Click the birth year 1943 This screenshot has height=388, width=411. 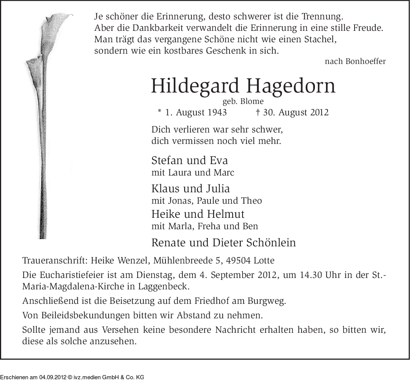coord(217,113)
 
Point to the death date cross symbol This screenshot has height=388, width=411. coord(257,112)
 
